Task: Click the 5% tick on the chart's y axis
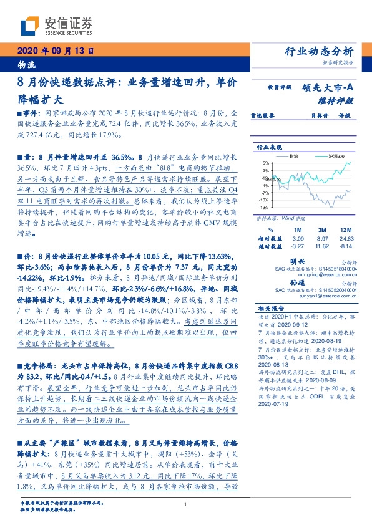tap(265, 163)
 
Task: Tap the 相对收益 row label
tap(270, 239)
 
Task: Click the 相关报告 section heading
tap(269, 309)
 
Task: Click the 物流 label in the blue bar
tap(24, 64)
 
